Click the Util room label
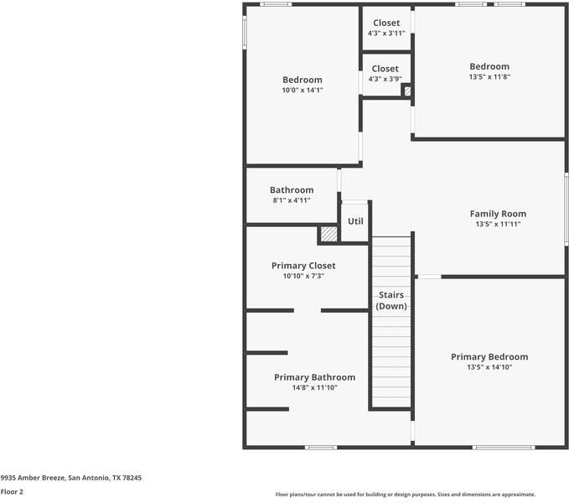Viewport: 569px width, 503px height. click(355, 221)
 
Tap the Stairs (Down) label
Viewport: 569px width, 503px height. click(391, 300)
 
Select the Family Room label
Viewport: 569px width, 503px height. click(498, 214)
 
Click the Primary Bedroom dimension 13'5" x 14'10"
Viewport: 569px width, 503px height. click(489, 367)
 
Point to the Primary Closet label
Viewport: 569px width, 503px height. click(303, 266)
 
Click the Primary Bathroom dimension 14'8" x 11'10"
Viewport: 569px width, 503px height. click(314, 387)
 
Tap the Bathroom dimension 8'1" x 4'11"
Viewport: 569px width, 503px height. click(292, 200)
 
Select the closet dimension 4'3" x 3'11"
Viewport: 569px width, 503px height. click(386, 34)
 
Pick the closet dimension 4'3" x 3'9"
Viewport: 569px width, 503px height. click(385, 79)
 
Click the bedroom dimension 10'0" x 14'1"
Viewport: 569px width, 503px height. click(303, 90)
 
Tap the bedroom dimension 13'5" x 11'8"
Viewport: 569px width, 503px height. click(489, 77)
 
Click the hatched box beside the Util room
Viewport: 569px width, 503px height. click(328, 234)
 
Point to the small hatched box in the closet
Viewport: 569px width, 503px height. click(407, 91)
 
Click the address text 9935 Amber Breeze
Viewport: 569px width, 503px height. click(33, 478)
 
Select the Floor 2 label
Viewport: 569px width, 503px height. click(12, 492)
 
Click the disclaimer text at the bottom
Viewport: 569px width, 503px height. click(406, 495)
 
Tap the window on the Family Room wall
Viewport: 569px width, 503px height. click(566, 209)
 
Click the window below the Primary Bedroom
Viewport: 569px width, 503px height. click(504, 448)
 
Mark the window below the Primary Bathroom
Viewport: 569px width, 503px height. click(321, 448)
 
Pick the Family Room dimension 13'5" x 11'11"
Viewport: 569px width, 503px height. click(498, 225)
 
